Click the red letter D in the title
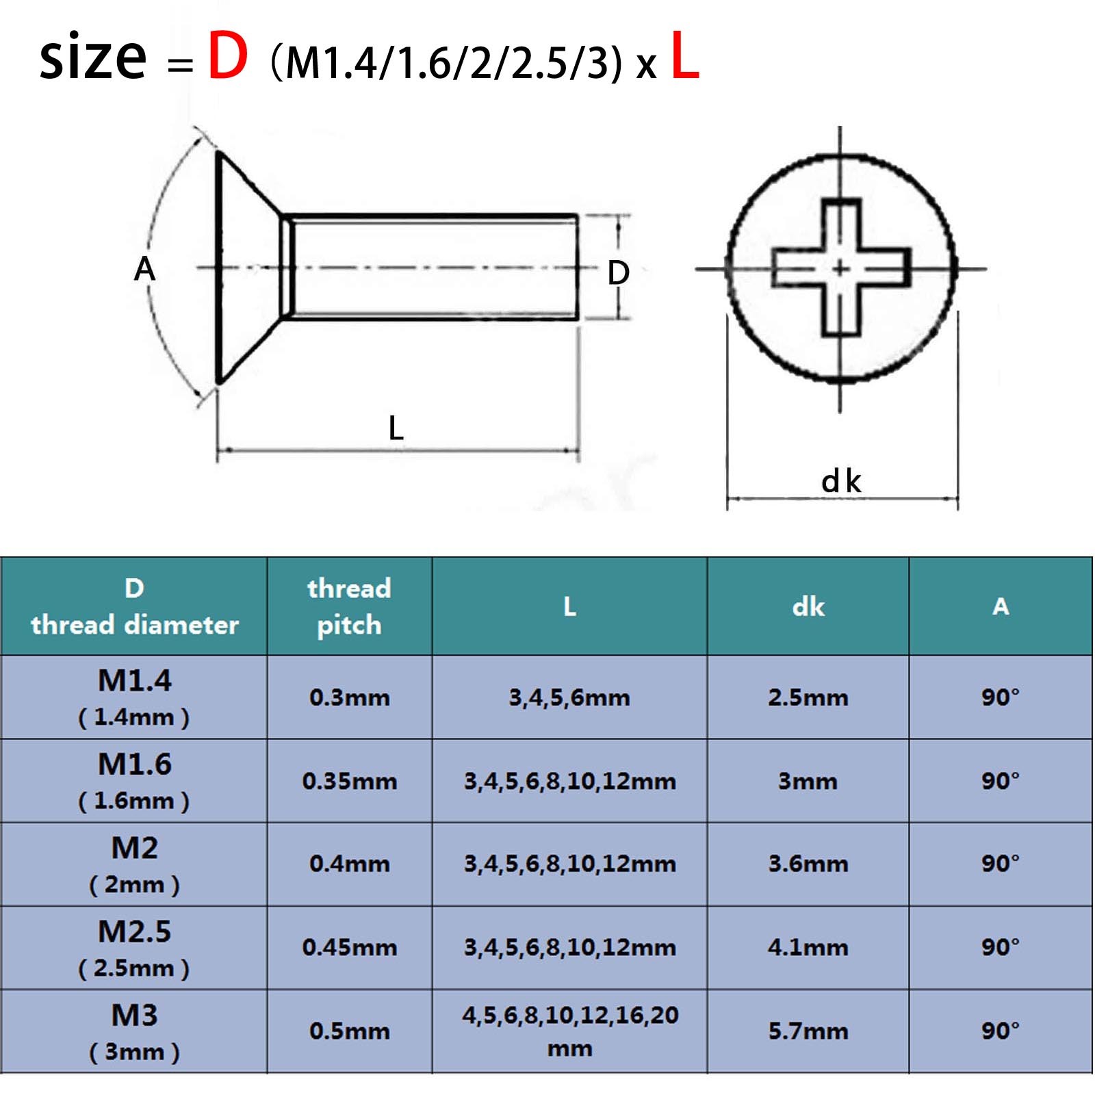pos(228,56)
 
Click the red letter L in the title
pos(685,56)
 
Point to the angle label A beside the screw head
pos(144,268)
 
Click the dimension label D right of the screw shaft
pos(618,272)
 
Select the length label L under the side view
pos(396,428)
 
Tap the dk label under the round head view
pos(841,481)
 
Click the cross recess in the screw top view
pos(841,268)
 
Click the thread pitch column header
pos(349,606)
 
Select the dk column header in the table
pos(808,606)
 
